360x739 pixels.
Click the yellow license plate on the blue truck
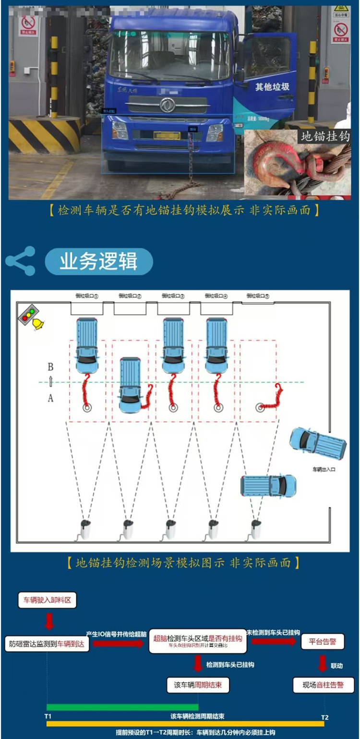click(167, 135)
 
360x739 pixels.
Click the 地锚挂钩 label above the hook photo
click(325, 136)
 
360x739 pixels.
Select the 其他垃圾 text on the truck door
click(272, 87)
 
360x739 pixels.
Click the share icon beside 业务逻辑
click(21, 261)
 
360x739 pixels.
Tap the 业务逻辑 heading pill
click(98, 262)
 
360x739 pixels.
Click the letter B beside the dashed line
click(50, 367)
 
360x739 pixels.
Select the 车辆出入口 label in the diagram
click(324, 469)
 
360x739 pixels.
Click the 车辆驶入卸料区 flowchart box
click(47, 600)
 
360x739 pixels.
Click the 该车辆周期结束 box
click(198, 685)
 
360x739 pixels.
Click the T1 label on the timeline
click(48, 716)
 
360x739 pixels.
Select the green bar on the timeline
click(122, 706)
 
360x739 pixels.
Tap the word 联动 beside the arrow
click(336, 666)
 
